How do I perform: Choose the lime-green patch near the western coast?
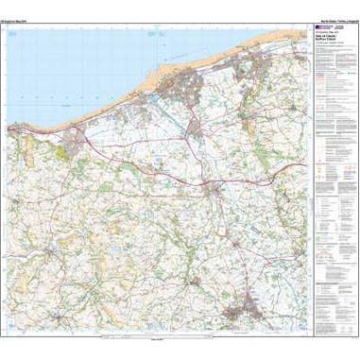(68, 147)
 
